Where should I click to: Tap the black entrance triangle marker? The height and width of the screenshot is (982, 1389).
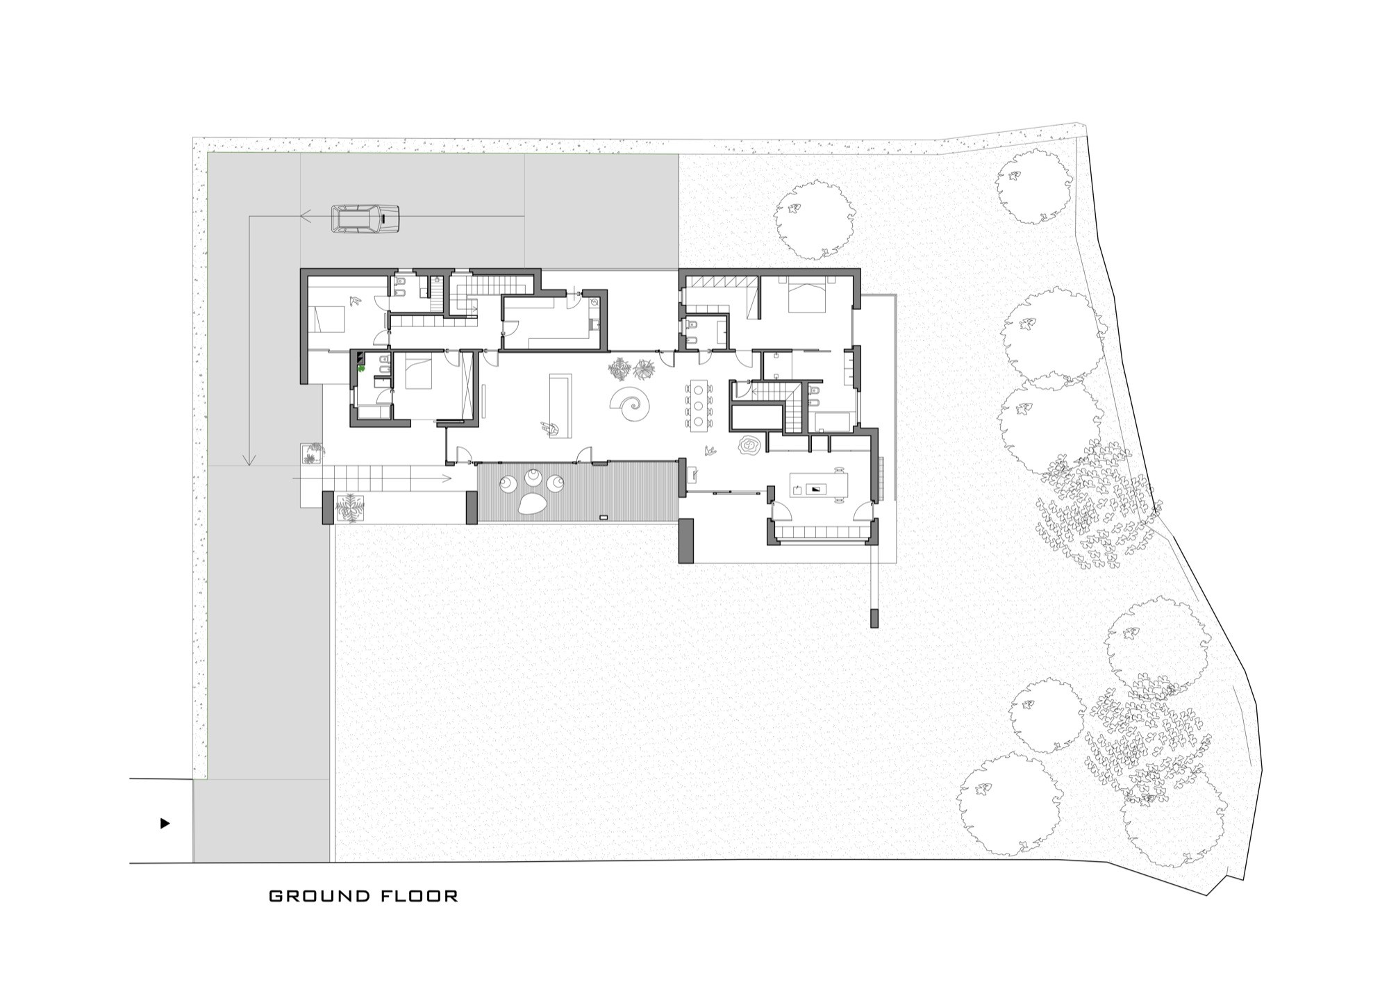[165, 824]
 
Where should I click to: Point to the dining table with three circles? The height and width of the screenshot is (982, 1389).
[697, 403]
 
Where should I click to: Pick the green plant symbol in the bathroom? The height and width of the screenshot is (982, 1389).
[361, 369]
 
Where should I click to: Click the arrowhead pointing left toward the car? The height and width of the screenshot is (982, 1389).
[305, 216]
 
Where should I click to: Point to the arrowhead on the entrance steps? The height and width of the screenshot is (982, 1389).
[447, 478]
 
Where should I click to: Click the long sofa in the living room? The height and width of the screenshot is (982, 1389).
[559, 406]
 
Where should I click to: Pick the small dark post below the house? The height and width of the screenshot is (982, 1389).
[874, 617]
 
